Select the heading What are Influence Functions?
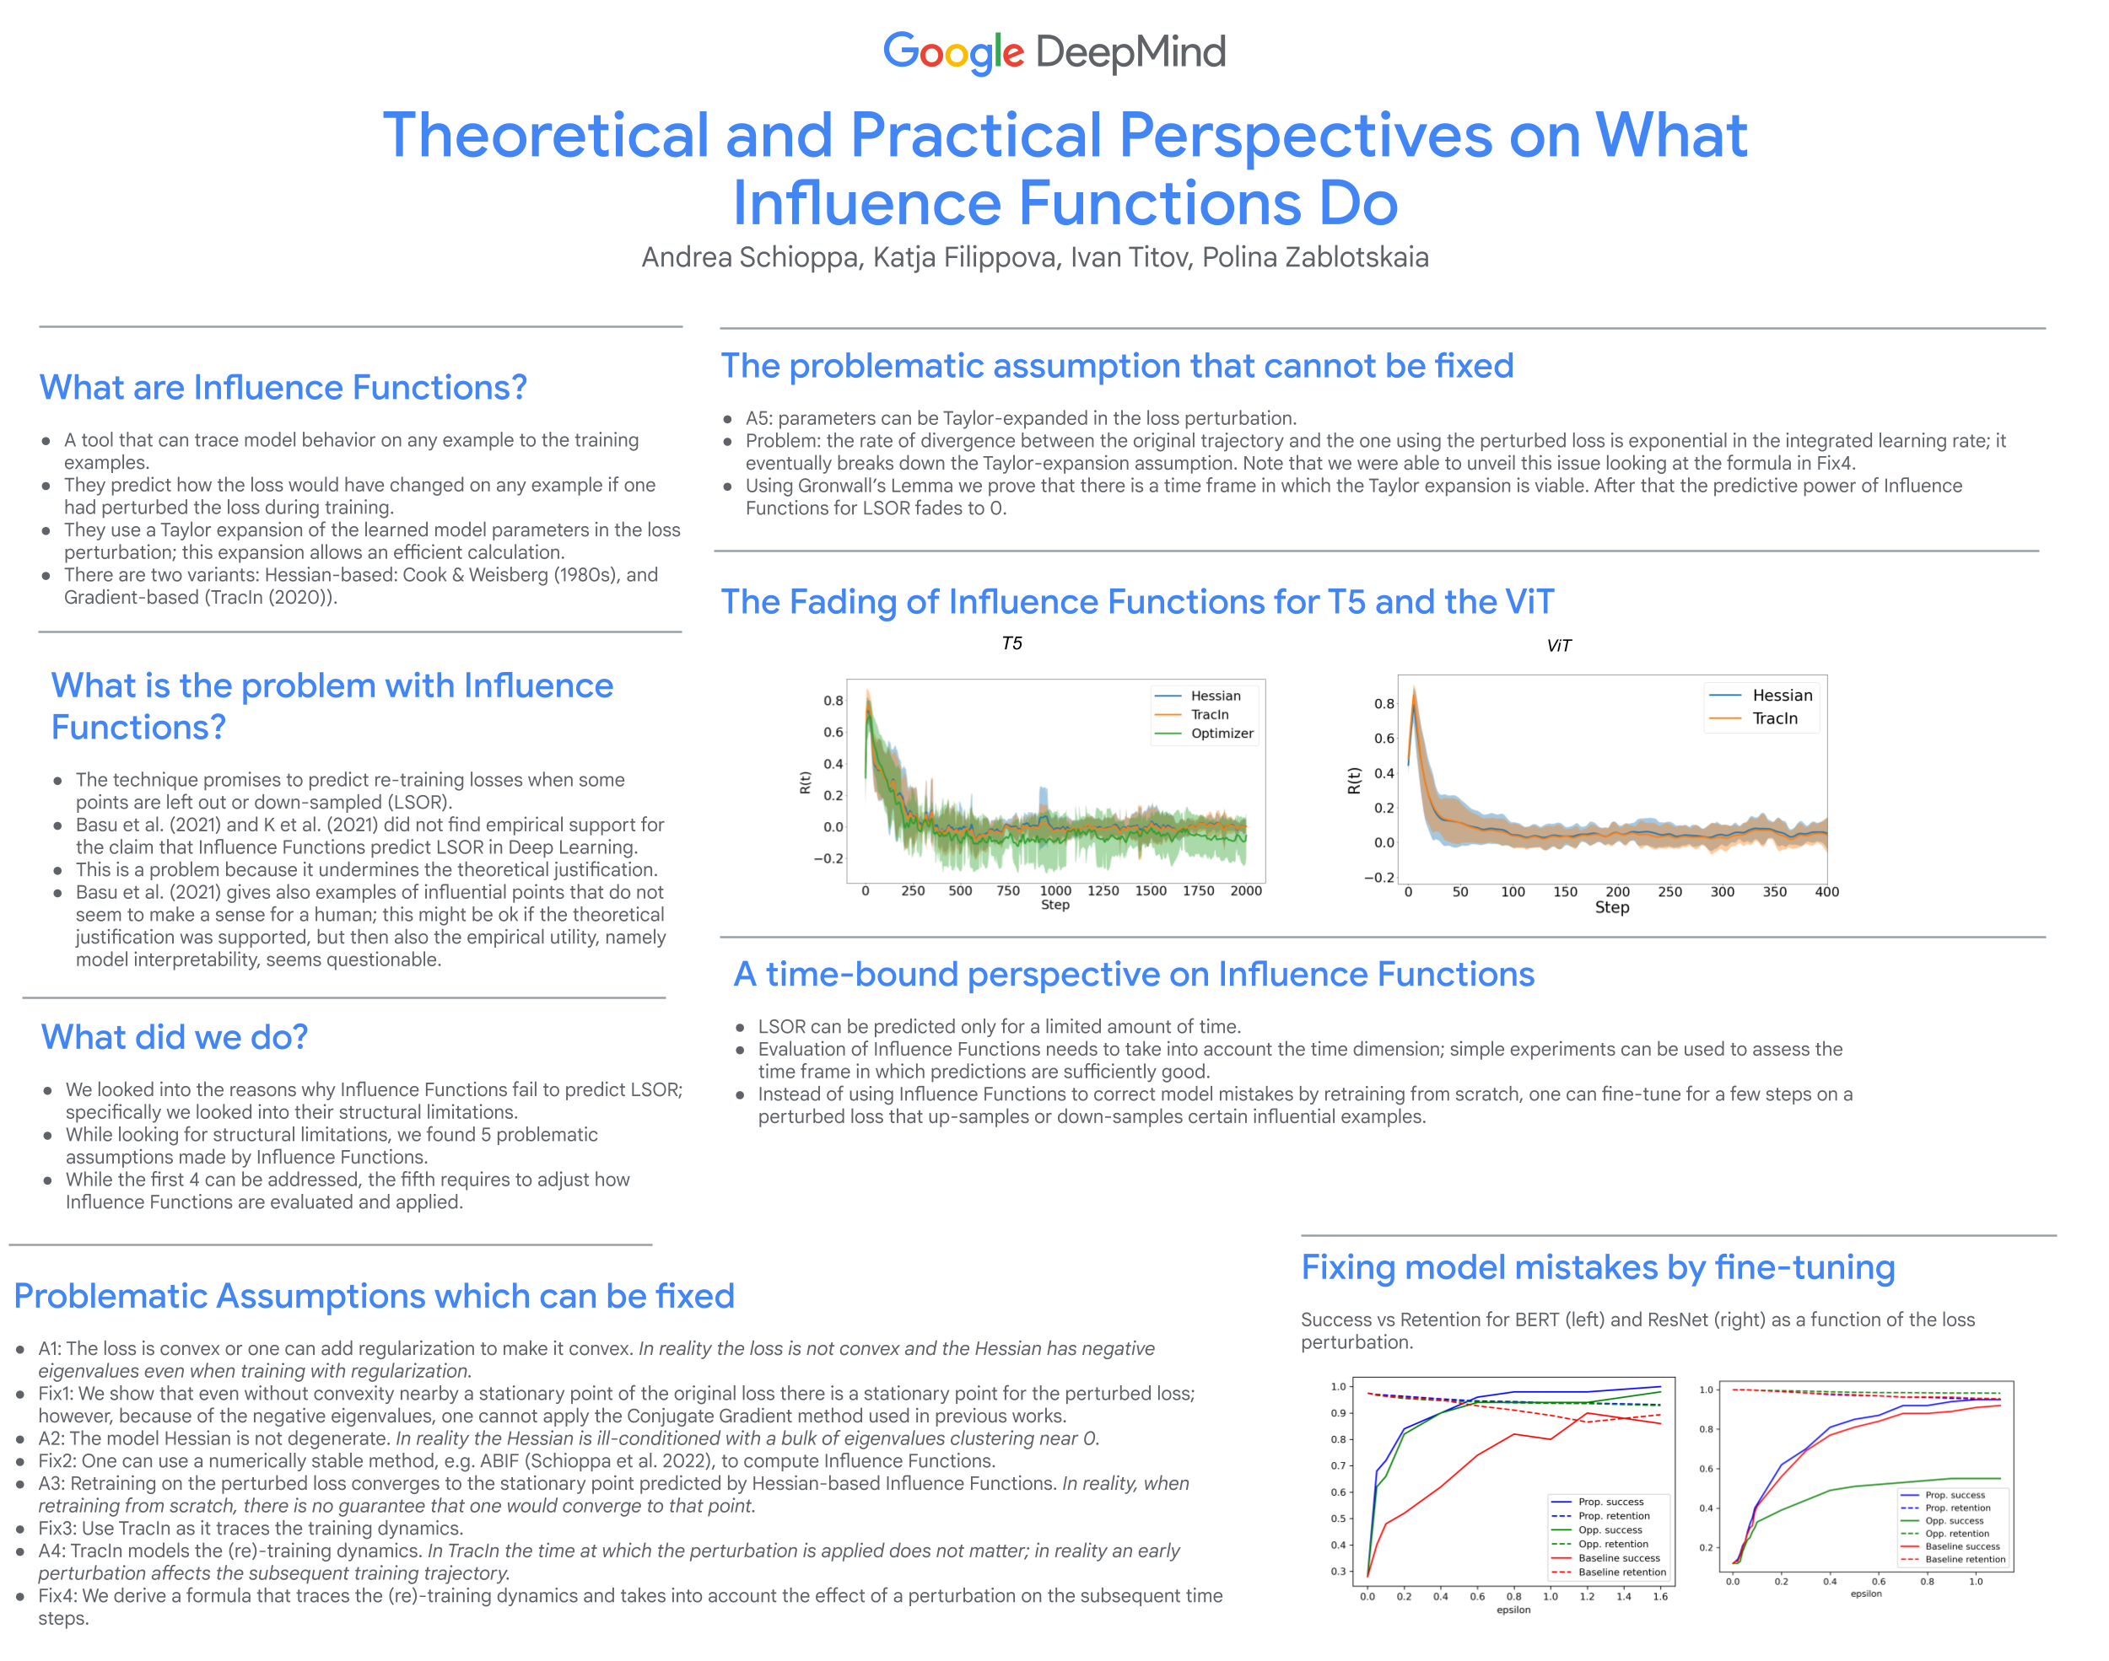[x=283, y=387]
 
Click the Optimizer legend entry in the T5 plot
[x=1221, y=734]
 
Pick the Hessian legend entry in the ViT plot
[x=1781, y=696]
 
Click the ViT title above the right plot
[x=1558, y=646]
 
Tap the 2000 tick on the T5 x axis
[x=1245, y=891]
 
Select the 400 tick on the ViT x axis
[x=1826, y=892]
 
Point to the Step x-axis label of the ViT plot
[x=1612, y=907]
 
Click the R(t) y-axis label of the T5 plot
[x=805, y=782]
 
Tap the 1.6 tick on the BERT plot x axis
[x=1659, y=1596]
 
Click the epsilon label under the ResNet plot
[x=1866, y=1594]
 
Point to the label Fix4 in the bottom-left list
[x=57, y=1596]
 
